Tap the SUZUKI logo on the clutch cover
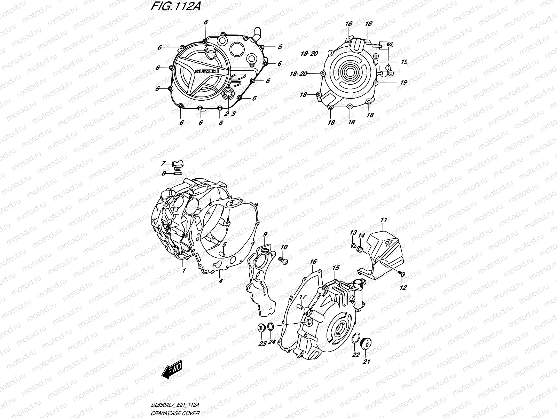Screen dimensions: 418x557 pos(207,71)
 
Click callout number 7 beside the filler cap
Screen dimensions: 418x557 pos(163,163)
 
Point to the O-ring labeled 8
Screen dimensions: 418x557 pos(177,173)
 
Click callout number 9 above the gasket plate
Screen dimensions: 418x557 pos(265,234)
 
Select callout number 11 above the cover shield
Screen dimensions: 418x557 pos(384,220)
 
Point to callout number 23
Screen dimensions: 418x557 pos(262,343)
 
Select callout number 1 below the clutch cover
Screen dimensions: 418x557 pos(183,270)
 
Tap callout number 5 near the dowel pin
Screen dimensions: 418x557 pos(225,244)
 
